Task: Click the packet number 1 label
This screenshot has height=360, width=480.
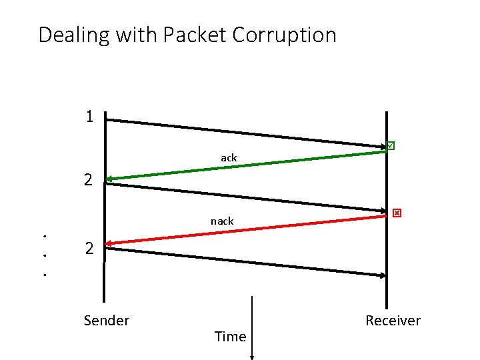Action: pyautogui.click(x=89, y=117)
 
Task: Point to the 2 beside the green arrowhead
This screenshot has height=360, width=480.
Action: pyautogui.click(x=88, y=179)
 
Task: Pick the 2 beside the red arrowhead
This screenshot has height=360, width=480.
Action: pyautogui.click(x=89, y=249)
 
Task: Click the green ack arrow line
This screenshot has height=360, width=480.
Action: pyautogui.click(x=247, y=165)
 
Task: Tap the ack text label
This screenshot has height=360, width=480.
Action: pyautogui.click(x=229, y=158)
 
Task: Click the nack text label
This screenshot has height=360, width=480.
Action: pyautogui.click(x=222, y=221)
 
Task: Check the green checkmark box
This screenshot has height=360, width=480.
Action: pyautogui.click(x=391, y=145)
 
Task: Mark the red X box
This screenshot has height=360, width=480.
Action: pyautogui.click(x=397, y=213)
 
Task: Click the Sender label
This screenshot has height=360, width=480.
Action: pyautogui.click(x=107, y=321)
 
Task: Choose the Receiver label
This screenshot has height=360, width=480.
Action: pyautogui.click(x=393, y=321)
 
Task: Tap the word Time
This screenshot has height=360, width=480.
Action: pyautogui.click(x=231, y=337)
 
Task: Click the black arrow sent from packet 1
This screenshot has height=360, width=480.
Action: pyautogui.click(x=247, y=132)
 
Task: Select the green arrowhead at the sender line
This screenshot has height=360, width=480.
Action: pyautogui.click(x=109, y=179)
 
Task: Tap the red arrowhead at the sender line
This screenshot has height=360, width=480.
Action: pyautogui.click(x=109, y=243)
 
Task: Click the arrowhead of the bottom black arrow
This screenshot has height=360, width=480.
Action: pyautogui.click(x=383, y=275)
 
